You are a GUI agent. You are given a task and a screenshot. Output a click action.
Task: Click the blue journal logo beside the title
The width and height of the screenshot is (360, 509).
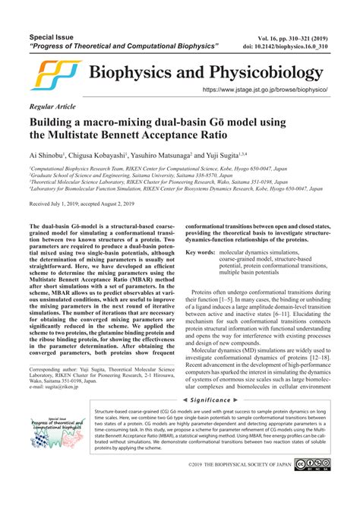tap(55, 74)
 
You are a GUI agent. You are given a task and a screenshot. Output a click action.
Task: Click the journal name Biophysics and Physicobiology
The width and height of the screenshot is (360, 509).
tap(207, 73)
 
